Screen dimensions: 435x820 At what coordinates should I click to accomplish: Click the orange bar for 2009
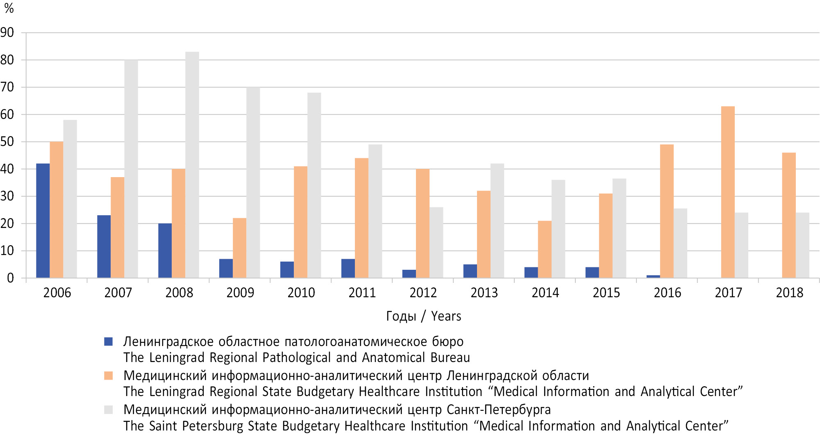click(239, 248)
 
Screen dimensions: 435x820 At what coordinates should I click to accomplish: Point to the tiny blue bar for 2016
click(653, 276)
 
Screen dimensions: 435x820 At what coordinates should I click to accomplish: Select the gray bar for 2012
click(436, 242)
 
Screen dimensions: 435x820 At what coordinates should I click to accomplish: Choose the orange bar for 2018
click(789, 215)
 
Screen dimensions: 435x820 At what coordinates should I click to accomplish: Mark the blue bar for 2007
click(104, 246)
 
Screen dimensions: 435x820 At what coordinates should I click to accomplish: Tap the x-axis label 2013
click(484, 293)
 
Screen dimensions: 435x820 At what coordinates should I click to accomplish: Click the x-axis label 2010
click(301, 293)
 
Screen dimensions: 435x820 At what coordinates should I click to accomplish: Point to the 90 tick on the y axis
click(7, 32)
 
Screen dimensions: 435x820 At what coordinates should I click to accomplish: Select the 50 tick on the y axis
click(7, 141)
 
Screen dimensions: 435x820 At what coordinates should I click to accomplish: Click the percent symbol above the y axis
click(9, 8)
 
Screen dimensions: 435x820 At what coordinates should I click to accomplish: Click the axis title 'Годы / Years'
click(423, 316)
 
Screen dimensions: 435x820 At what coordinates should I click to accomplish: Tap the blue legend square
click(109, 342)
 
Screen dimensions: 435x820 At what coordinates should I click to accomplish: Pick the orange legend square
click(109, 376)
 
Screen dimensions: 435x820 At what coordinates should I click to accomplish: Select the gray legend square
click(109, 410)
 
